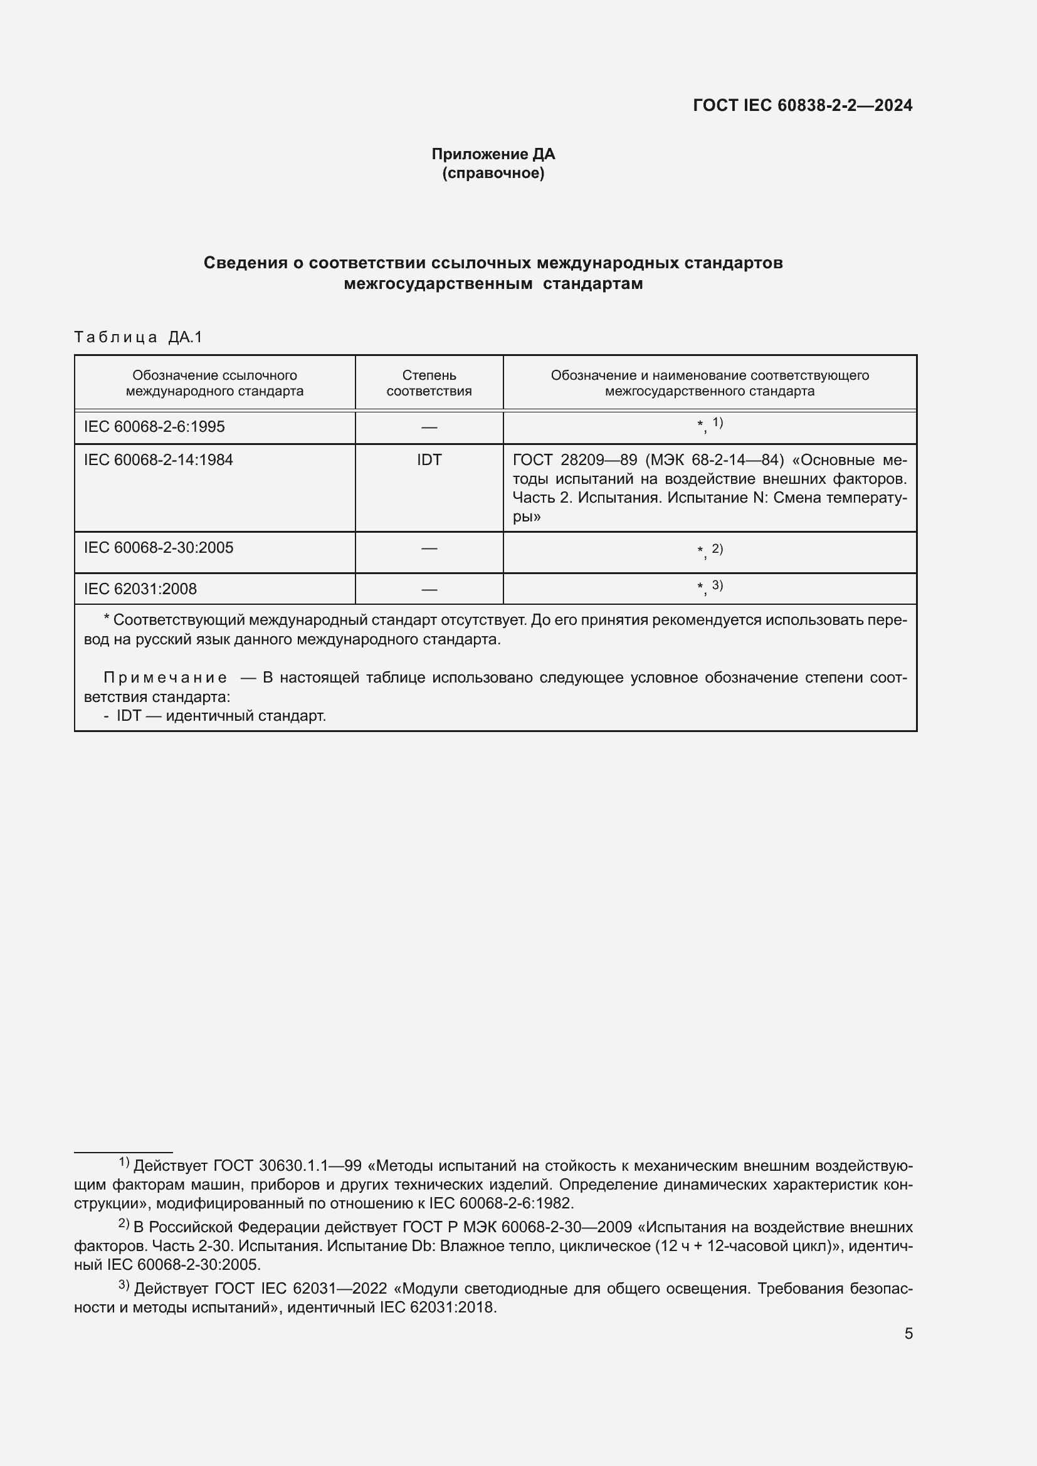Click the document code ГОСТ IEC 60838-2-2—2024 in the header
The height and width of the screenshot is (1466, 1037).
tap(803, 105)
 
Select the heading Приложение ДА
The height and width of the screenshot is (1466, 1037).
tap(493, 154)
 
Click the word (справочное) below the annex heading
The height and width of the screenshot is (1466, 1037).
tap(493, 174)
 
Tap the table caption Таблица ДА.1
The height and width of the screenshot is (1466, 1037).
tap(139, 337)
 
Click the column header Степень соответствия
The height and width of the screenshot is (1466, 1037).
tap(428, 383)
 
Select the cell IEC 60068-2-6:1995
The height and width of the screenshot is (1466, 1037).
tap(154, 427)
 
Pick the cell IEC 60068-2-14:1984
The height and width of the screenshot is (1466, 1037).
tap(159, 459)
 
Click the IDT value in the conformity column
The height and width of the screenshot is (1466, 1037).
tap(428, 459)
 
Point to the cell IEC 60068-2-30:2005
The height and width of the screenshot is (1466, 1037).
tap(159, 548)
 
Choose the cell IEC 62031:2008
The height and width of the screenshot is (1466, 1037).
tap(140, 589)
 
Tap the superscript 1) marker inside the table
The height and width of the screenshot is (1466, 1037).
tap(718, 422)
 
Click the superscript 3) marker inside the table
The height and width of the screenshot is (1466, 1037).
tap(718, 585)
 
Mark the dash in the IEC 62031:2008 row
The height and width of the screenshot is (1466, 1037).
tap(429, 589)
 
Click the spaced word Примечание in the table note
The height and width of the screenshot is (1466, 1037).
tap(165, 678)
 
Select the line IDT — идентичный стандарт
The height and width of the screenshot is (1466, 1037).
tap(220, 716)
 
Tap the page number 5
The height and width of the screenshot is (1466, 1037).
tap(908, 1334)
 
